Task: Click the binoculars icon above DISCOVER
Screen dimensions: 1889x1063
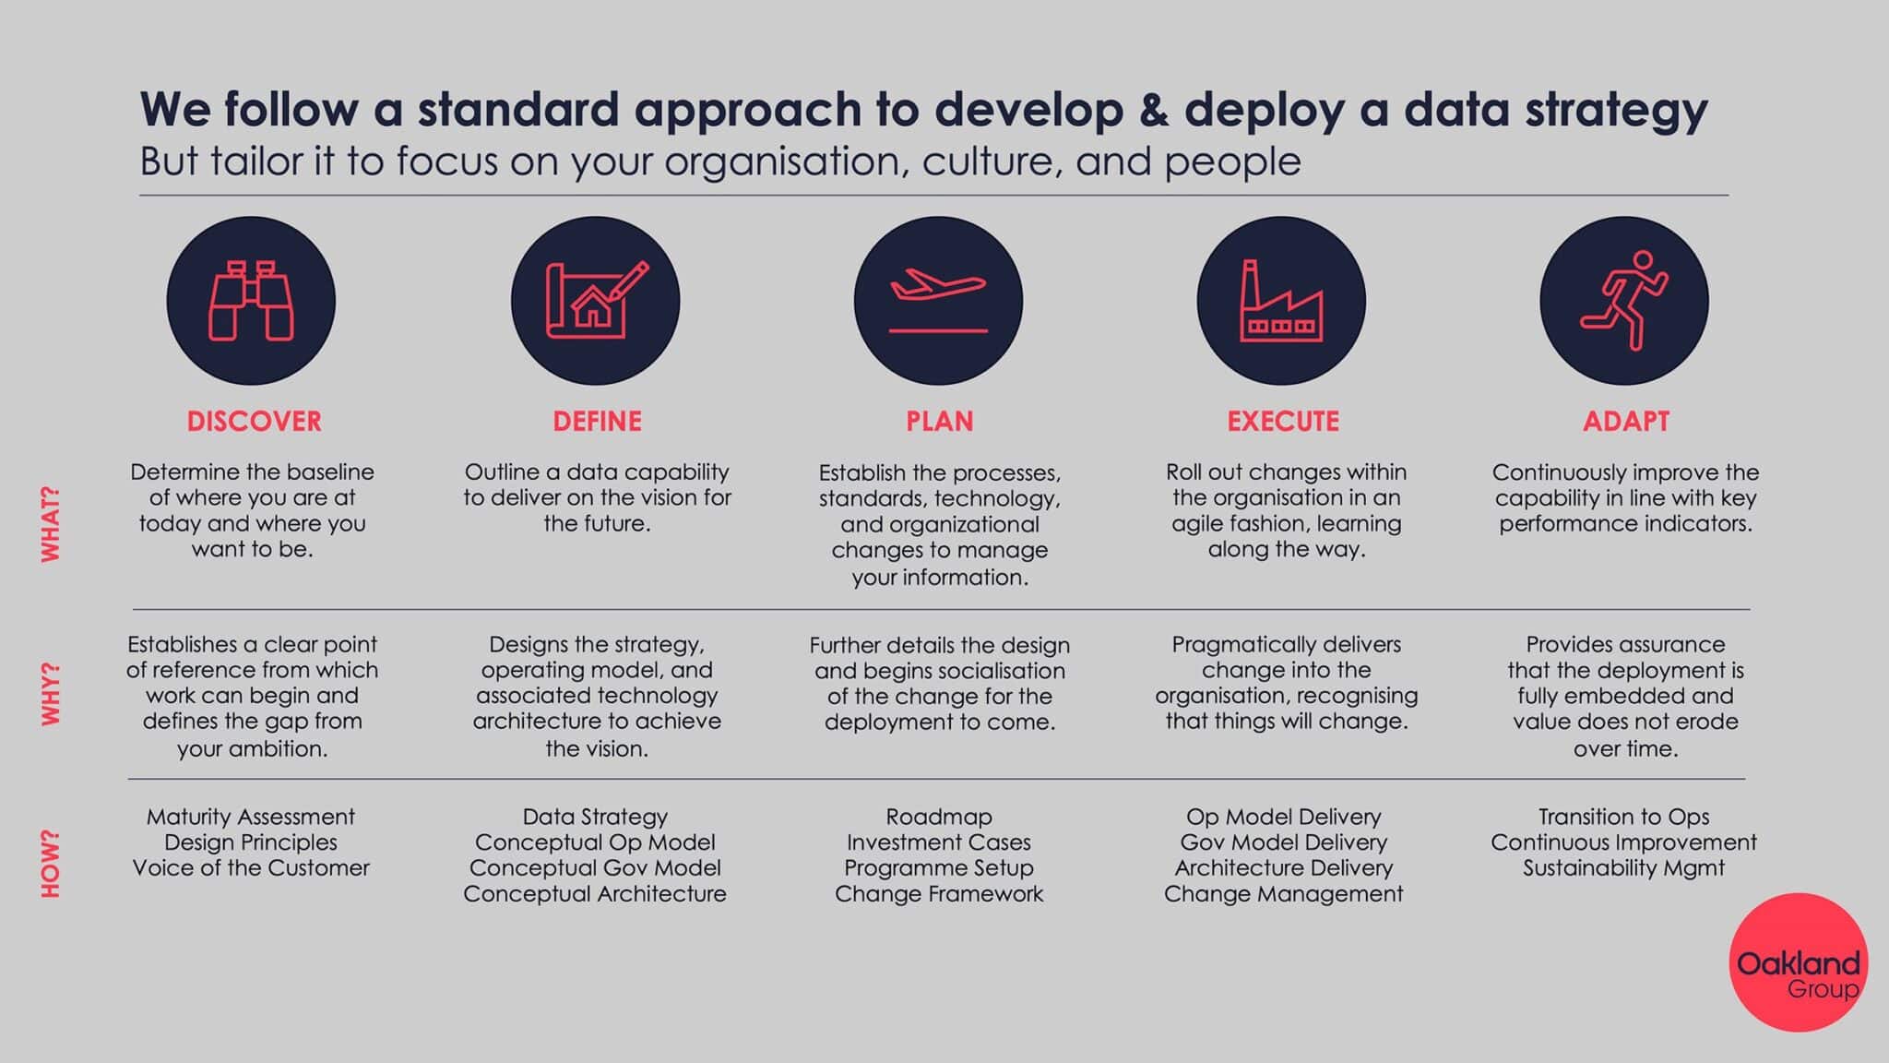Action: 251,301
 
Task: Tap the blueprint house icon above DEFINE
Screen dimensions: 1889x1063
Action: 596,301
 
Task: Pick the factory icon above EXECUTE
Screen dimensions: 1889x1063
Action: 1282,301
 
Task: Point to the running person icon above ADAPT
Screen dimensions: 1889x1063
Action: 1624,301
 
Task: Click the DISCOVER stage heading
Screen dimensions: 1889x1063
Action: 254,422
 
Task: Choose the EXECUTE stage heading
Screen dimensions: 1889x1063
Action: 1283,422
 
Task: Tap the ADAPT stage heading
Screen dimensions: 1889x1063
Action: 1626,422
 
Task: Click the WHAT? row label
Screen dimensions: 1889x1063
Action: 51,524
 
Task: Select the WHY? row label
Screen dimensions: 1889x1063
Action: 51,694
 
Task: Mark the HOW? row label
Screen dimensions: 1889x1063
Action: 51,865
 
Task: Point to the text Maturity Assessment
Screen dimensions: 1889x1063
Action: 251,817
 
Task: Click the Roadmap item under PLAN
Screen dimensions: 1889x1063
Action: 939,817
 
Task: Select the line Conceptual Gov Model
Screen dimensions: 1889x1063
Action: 595,868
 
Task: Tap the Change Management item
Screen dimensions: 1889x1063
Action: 1284,894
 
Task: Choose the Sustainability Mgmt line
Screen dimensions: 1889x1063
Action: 1623,868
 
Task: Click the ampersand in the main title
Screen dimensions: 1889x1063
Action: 1154,109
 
